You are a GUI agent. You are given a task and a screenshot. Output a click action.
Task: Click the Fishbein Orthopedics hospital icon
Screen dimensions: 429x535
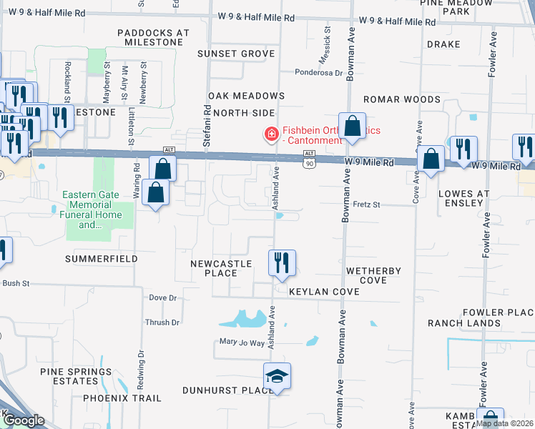point(271,134)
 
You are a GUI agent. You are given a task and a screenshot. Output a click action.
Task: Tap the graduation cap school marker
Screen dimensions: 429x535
point(278,376)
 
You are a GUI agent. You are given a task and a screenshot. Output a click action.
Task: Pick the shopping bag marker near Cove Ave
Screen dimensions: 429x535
point(431,160)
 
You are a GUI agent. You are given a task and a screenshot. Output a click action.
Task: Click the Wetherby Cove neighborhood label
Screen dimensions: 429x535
point(373,275)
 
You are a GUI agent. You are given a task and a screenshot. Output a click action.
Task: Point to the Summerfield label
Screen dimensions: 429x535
point(100,258)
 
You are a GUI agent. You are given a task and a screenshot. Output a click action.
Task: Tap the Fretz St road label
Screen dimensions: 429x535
point(366,204)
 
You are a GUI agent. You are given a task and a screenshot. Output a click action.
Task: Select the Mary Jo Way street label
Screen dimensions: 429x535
point(242,343)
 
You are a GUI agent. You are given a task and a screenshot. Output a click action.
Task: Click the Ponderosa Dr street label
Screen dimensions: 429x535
point(320,72)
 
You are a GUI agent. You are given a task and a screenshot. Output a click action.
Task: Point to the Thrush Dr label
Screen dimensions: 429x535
point(162,322)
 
